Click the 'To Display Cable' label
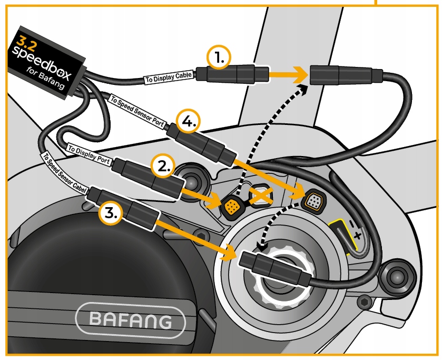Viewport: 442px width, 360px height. (169, 77)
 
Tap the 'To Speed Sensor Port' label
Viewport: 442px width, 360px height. (138, 112)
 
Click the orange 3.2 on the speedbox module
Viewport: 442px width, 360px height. (26, 40)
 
